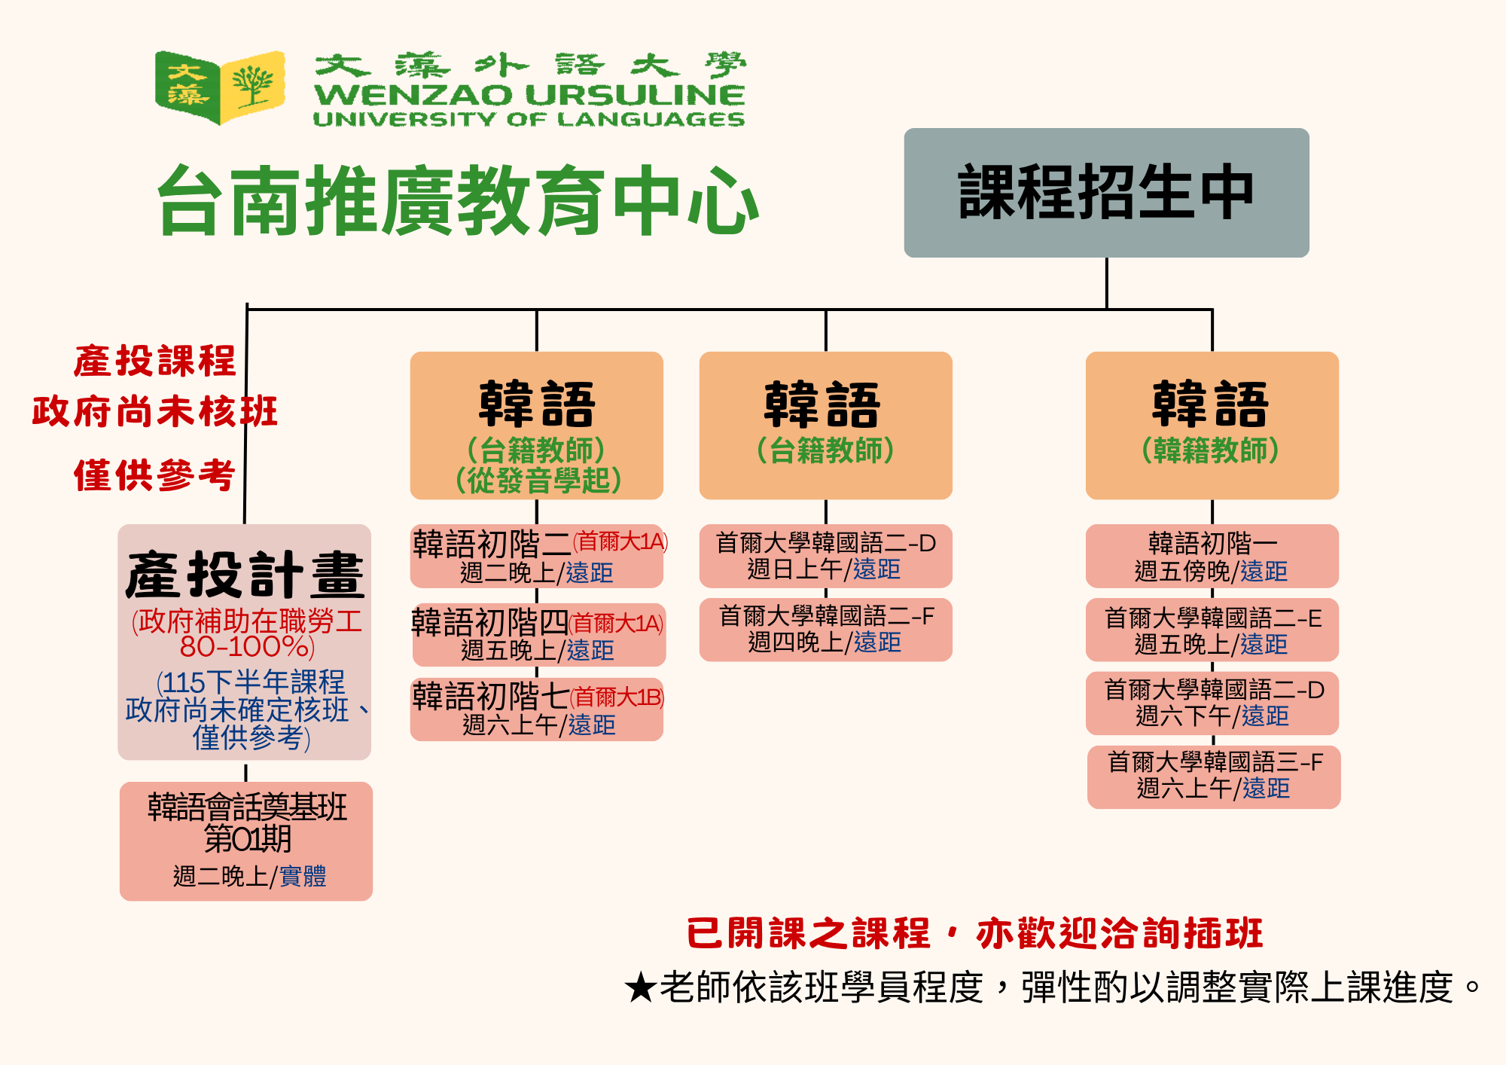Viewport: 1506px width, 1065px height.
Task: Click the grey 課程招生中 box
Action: tap(1106, 193)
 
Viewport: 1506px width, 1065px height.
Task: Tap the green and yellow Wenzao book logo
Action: tap(220, 87)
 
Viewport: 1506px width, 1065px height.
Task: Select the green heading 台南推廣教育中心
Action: tap(458, 200)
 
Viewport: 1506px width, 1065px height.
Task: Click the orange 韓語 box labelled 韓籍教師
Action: tap(1212, 426)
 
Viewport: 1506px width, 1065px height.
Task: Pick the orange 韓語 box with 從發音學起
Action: tap(537, 426)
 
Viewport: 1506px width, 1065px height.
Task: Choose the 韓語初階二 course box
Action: tap(537, 557)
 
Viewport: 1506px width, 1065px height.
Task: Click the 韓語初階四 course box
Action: tap(538, 635)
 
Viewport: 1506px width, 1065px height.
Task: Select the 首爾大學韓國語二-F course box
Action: tap(826, 630)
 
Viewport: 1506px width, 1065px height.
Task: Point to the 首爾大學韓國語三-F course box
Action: tap(1214, 777)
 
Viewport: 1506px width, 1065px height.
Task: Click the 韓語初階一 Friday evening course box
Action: tap(1212, 557)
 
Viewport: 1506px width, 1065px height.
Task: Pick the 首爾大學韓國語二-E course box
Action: tap(1212, 630)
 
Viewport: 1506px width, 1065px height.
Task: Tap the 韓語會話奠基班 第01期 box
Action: tap(246, 841)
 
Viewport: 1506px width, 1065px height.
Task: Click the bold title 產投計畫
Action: tap(245, 574)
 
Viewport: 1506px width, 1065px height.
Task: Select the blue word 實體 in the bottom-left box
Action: tap(303, 876)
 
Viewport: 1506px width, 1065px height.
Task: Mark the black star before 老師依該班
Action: tap(640, 987)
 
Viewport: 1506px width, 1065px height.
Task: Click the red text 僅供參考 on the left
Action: tap(154, 475)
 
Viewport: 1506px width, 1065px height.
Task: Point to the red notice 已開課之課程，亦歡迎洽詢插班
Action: tap(974, 933)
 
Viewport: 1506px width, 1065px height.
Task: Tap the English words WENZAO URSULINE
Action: tap(529, 95)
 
